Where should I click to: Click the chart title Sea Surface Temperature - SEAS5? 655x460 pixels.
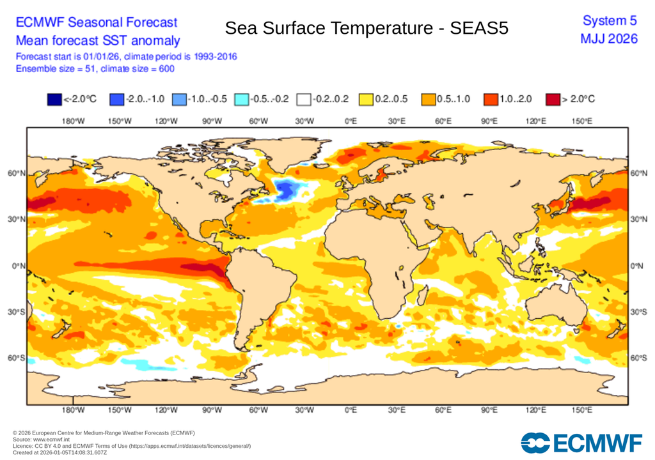(367, 28)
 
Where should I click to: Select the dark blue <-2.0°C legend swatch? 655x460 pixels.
(54, 99)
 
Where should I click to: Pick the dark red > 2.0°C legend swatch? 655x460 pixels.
(553, 99)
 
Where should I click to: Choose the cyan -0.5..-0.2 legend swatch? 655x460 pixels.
(241, 99)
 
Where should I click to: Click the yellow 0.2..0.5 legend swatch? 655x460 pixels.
(365, 99)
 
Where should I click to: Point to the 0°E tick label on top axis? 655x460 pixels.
(350, 121)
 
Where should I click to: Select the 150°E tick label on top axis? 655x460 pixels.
(581, 121)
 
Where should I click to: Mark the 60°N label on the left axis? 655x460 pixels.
(17, 173)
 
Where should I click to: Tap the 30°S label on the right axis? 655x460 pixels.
(640, 312)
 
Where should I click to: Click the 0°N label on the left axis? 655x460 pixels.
(18, 266)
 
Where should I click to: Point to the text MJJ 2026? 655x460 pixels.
(608, 39)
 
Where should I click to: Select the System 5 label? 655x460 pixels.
(610, 22)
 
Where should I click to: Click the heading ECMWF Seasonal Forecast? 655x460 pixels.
(96, 22)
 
